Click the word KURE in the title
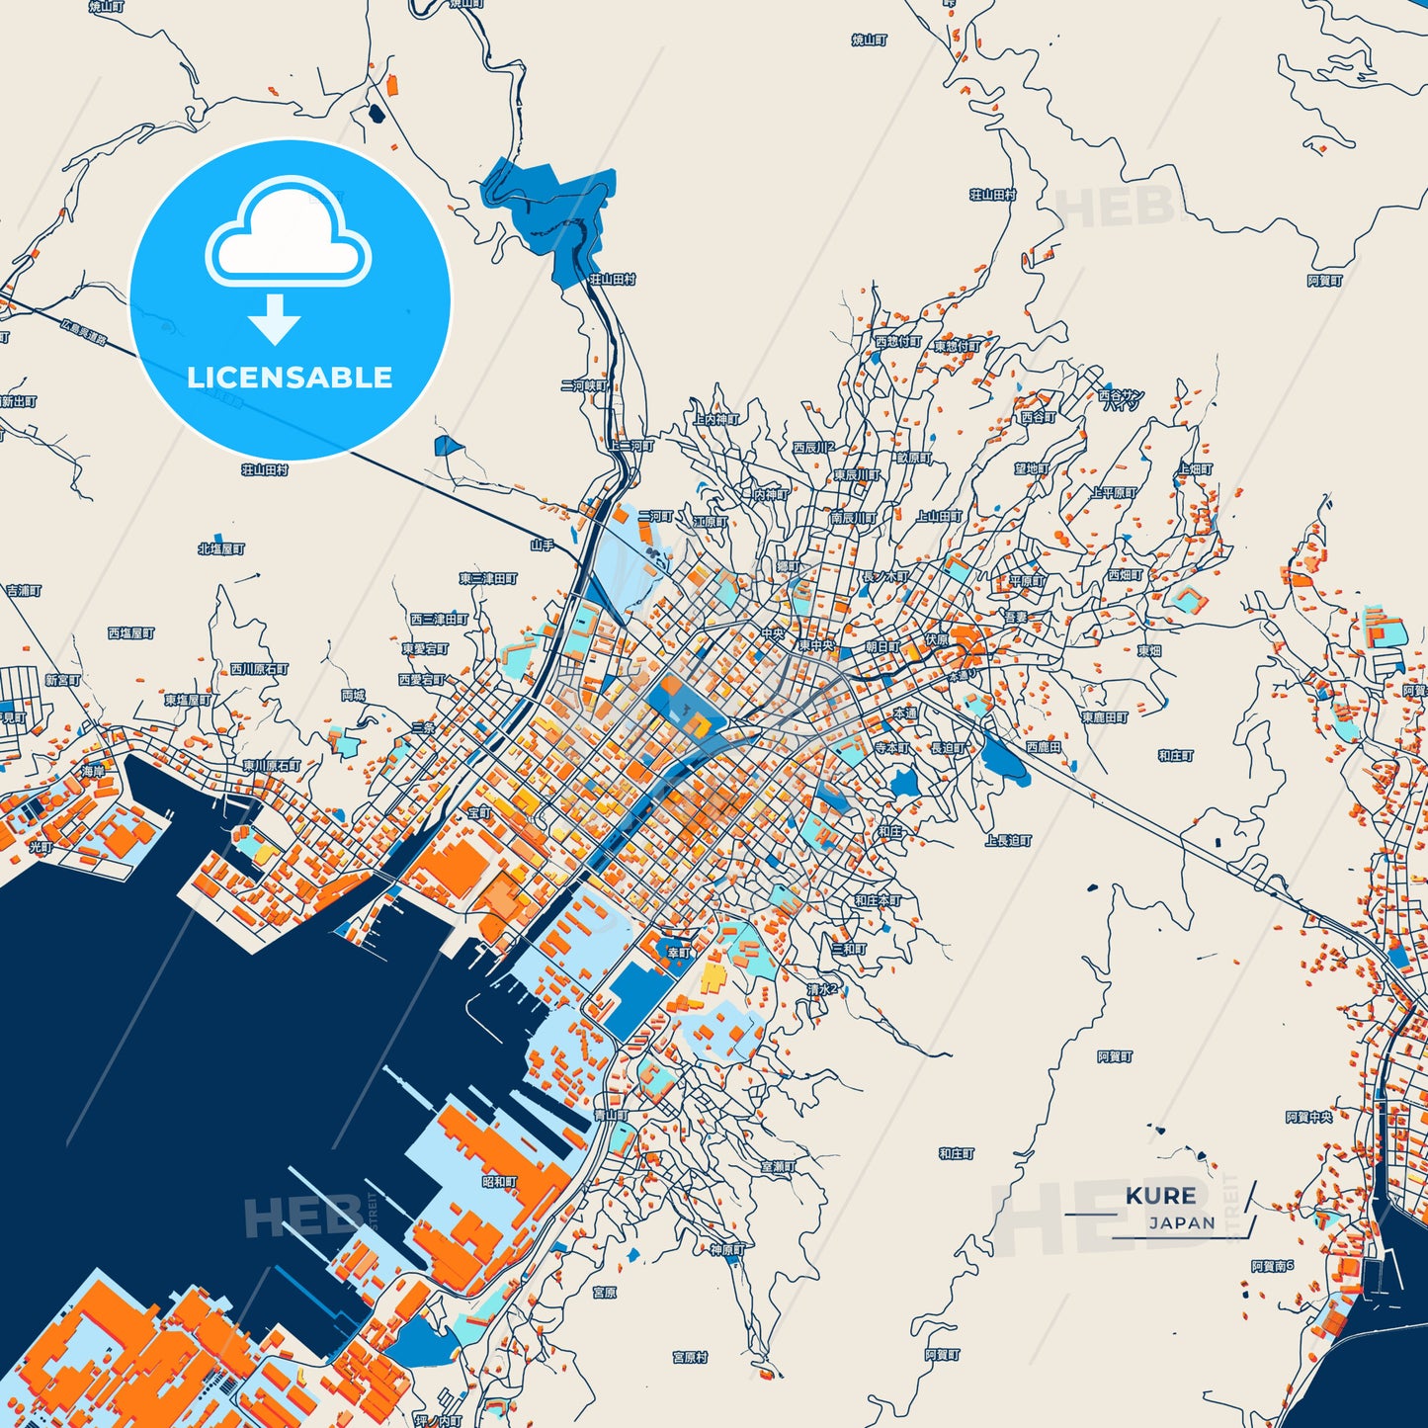pos(1160,1196)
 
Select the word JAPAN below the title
pos(1182,1222)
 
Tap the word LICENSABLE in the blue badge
pos(290,378)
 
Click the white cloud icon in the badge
pos(288,234)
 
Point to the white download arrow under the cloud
pos(275,319)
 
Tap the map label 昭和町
pos(499,1181)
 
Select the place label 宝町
pos(479,812)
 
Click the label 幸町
pos(679,953)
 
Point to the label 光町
pos(40,847)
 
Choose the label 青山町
pos(611,1115)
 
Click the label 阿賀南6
pos(1272,1265)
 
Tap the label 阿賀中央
pos(1309,1117)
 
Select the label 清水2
pos(822,988)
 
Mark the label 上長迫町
pos(1008,840)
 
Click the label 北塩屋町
pos(220,548)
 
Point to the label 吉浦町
pos(24,590)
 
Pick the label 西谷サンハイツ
pos(1121,399)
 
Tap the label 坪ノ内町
pos(438,1421)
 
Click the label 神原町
pos(726,1249)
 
